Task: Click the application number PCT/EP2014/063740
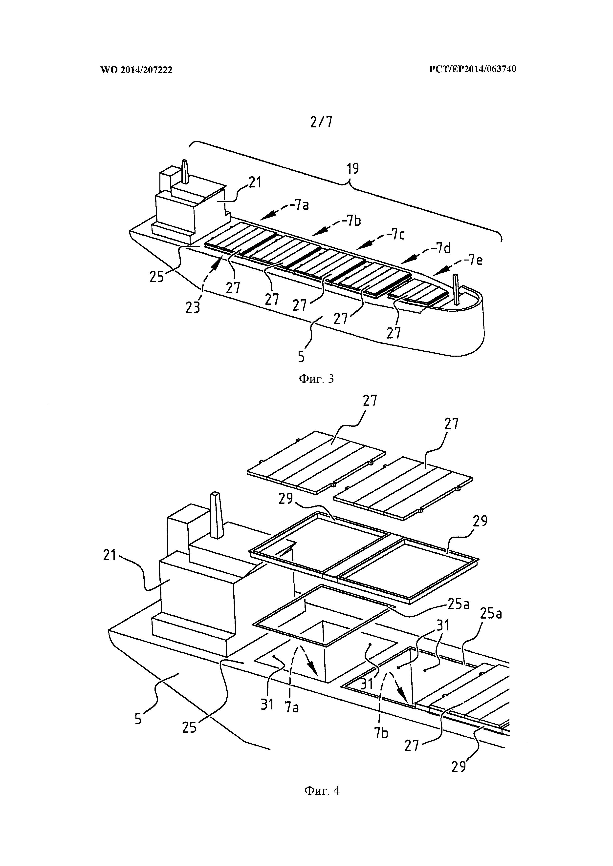pos(473,69)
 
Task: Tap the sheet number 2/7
pos(322,122)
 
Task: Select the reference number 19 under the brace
pos(353,169)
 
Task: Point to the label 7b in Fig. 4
pos(381,733)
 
